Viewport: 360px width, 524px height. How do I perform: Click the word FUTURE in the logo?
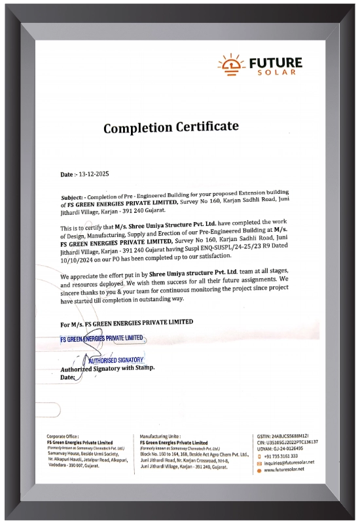[x=276, y=63]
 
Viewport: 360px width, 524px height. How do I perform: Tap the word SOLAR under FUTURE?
[x=276, y=72]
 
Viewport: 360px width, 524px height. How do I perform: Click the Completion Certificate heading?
[x=171, y=127]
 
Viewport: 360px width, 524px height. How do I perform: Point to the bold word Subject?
[x=71, y=196]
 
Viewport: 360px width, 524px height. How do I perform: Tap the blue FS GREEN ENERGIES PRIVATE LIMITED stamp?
[x=101, y=339]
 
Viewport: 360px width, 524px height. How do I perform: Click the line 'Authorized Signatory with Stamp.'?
[x=107, y=369]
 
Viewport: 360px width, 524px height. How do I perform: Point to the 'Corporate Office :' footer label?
[x=63, y=436]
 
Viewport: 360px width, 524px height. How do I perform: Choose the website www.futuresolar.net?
[x=284, y=470]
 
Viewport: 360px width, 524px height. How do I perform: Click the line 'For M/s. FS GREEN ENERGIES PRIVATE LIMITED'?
[x=126, y=323]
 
